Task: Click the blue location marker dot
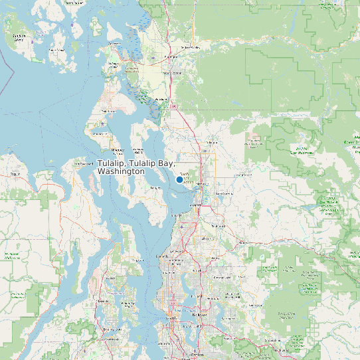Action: click(179, 179)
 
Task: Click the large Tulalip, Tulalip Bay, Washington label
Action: click(136, 167)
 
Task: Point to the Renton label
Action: click(197, 356)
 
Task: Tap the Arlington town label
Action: click(213, 141)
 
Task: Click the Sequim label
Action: click(16, 174)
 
